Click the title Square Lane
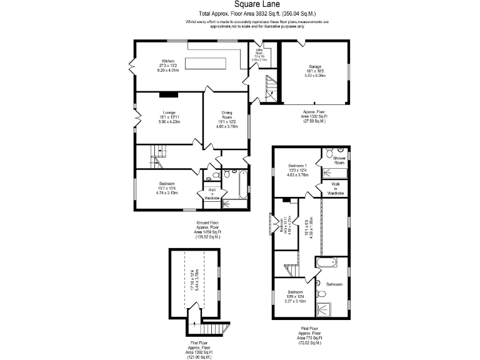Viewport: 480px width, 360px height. click(x=257, y=4)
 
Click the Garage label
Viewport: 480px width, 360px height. click(x=314, y=66)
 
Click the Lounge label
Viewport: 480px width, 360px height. click(x=169, y=112)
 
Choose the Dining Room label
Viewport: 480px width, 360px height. click(x=227, y=115)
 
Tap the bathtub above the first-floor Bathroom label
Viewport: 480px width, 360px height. click(x=329, y=263)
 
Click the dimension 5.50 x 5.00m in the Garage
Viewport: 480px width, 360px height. click(x=315, y=75)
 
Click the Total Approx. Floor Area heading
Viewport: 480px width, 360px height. click(x=257, y=13)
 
